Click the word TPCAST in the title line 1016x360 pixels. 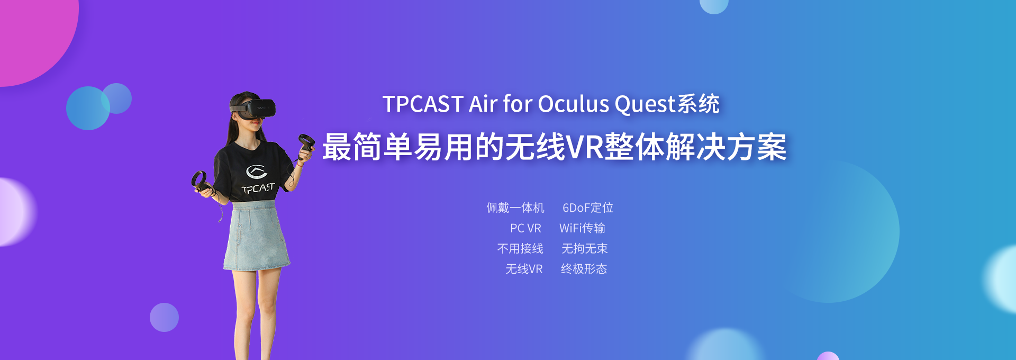pyautogui.click(x=423, y=104)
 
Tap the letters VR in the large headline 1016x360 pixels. pyautogui.click(x=585, y=147)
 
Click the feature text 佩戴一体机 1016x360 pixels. pyautogui.click(x=515, y=208)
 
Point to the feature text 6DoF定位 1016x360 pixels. pyautogui.click(x=588, y=208)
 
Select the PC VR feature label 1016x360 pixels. pyautogui.click(x=525, y=228)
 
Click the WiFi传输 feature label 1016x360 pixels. pyautogui.click(x=582, y=228)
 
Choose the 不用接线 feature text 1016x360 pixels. pyautogui.click(x=520, y=248)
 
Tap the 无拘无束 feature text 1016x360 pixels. pyautogui.click(x=584, y=248)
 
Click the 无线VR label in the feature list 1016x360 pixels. pyautogui.click(x=524, y=269)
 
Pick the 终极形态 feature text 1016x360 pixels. pyautogui.click(x=584, y=269)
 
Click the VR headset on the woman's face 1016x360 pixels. pyautogui.click(x=254, y=108)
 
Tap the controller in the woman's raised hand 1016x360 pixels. pyautogui.click(x=306, y=146)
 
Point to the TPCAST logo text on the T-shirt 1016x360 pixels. pyautogui.click(x=258, y=188)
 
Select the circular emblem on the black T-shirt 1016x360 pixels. pyautogui.click(x=257, y=172)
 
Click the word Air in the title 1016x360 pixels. pyautogui.click(x=483, y=104)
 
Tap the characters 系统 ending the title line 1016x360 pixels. pyautogui.click(x=698, y=104)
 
